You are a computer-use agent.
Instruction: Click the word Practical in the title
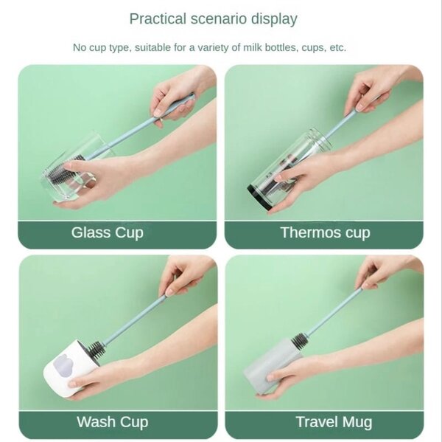153,19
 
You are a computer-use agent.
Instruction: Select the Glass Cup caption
108,232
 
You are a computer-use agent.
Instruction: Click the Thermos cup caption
325,232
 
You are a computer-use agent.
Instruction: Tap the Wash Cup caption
112,422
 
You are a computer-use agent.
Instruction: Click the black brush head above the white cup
95,349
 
